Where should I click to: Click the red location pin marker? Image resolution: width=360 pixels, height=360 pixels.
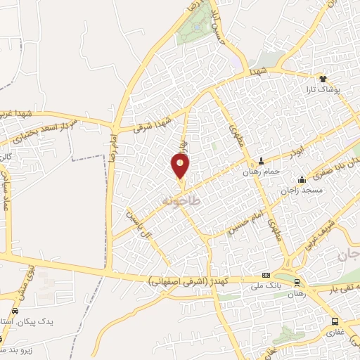coord(181,165)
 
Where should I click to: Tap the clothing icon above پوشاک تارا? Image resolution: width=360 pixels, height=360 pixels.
coord(323,79)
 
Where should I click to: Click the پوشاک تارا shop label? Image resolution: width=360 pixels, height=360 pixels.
coord(323,90)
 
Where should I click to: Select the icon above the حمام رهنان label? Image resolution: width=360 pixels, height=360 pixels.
coord(262,160)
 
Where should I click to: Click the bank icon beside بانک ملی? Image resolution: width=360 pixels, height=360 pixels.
coord(266,275)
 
